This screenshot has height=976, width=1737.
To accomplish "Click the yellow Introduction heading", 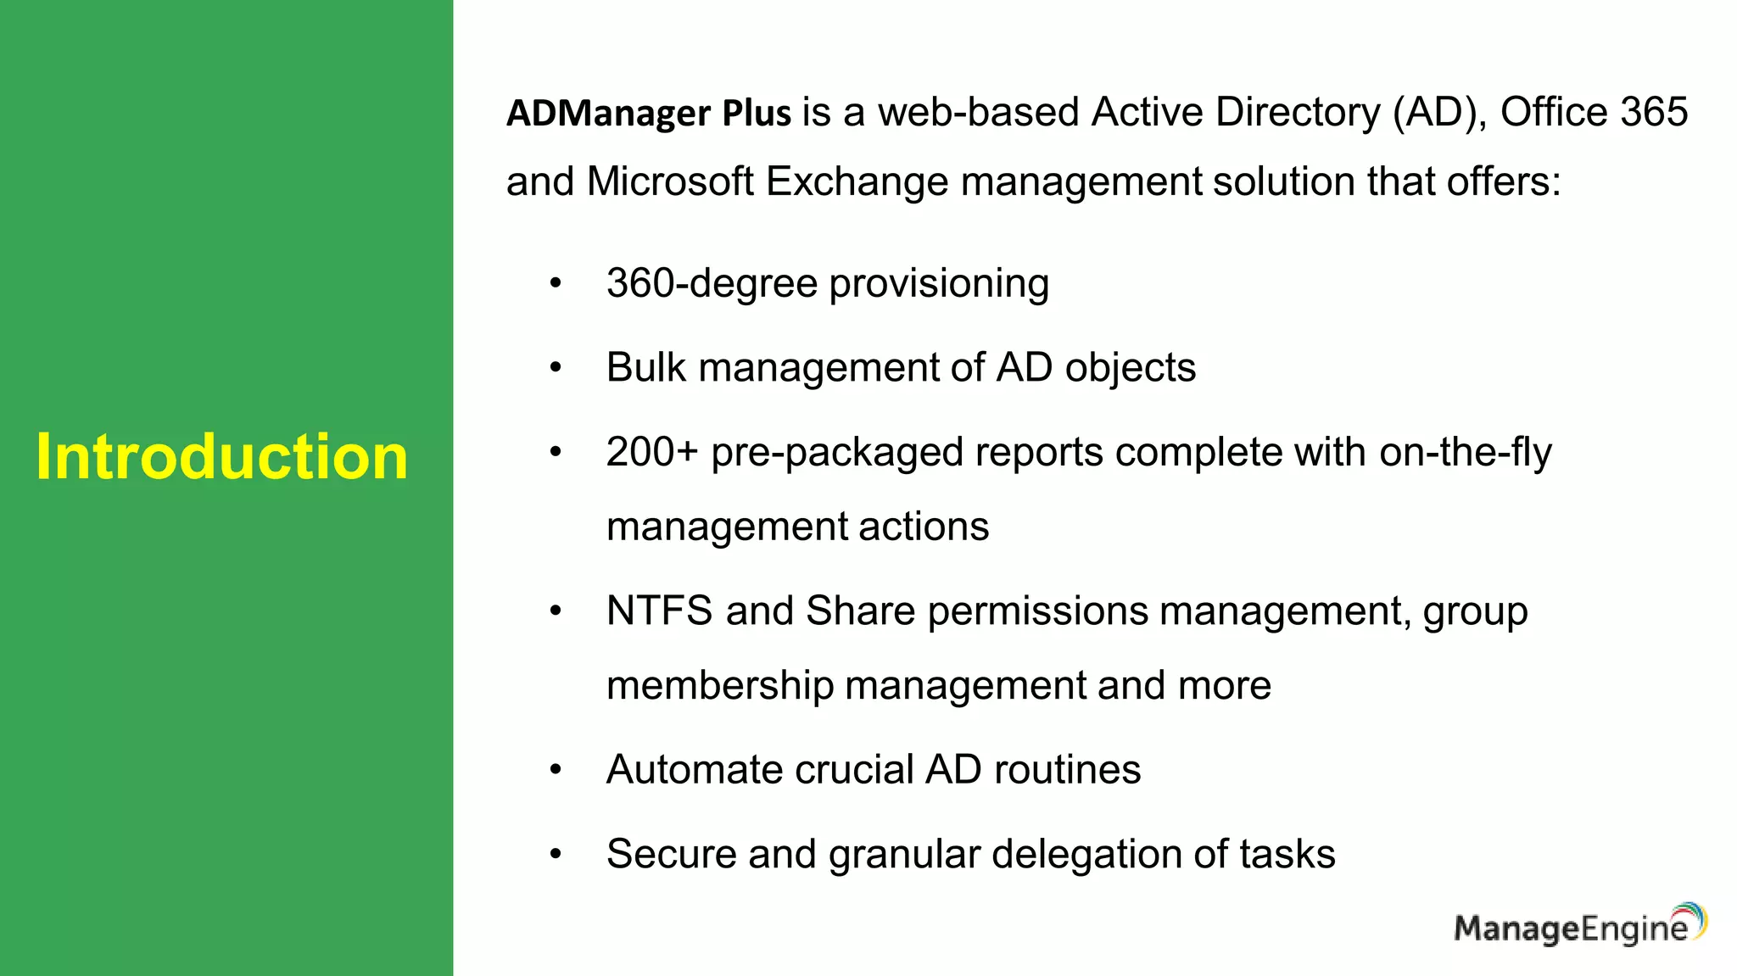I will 222,457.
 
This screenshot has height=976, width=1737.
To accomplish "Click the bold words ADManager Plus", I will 649,114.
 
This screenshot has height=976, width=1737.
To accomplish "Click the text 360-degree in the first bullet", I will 712,283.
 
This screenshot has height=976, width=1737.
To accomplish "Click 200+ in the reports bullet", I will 651,452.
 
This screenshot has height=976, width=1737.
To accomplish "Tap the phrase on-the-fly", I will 1465,452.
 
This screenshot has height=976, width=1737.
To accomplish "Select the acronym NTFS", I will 659,611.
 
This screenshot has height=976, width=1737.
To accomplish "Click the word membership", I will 720,685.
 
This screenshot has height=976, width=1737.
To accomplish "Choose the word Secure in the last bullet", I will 671,854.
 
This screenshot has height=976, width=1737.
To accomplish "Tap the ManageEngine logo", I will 1579,925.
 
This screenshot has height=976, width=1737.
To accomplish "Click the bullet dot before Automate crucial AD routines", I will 556,770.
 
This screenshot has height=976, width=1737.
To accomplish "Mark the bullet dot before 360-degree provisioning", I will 556,283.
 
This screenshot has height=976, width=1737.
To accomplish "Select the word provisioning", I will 939,284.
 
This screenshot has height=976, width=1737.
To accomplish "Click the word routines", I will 1067,770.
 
